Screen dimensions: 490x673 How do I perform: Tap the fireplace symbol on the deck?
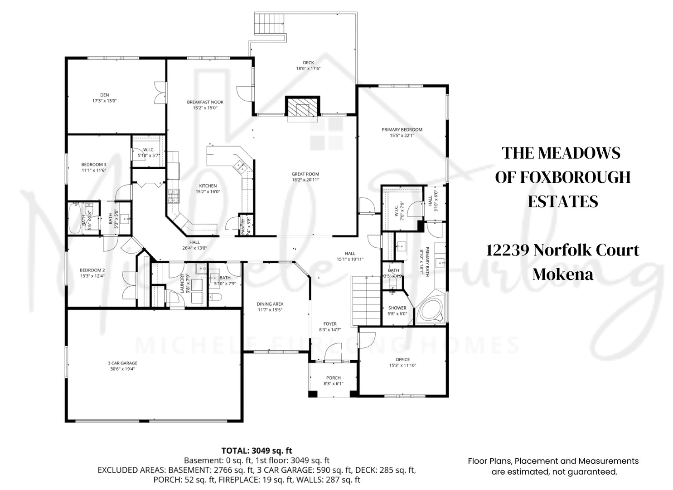[302, 108]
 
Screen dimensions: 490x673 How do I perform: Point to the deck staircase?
[270, 23]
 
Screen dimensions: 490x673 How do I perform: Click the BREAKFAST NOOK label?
[205, 105]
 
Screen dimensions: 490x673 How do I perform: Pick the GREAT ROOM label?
[305, 176]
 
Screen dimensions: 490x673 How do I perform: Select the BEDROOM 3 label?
[94, 167]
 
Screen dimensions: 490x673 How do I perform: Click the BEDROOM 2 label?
[92, 273]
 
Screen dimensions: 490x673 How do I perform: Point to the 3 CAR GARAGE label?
[122, 366]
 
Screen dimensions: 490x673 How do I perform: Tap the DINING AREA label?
[270, 307]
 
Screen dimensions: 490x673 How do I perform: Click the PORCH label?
[333, 380]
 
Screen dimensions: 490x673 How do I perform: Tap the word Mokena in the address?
[562, 274]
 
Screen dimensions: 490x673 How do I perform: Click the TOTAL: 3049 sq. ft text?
[257, 451]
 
